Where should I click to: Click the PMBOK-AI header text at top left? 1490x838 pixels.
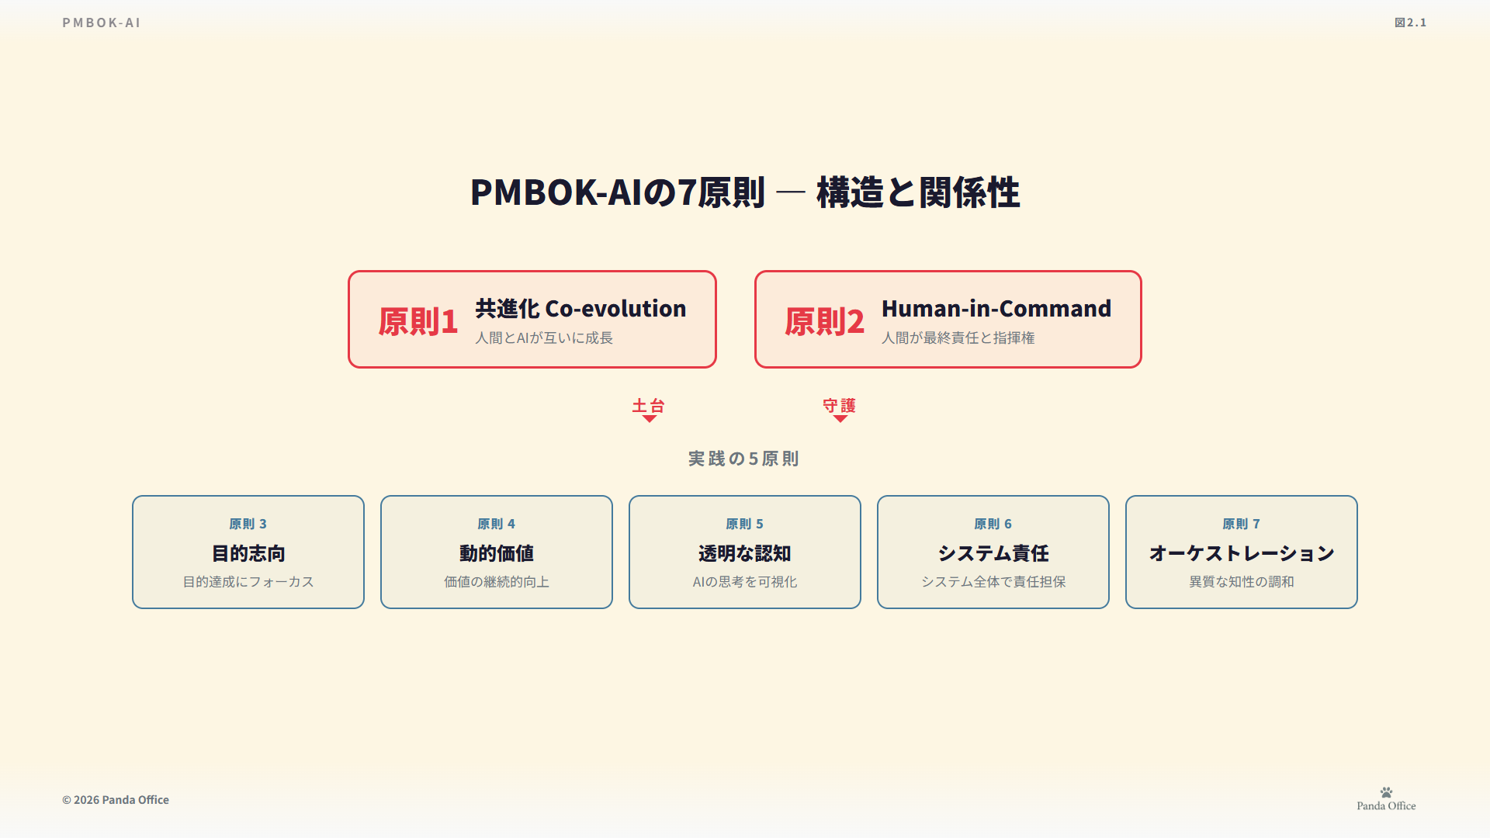102,23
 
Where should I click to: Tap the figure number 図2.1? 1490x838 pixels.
1410,23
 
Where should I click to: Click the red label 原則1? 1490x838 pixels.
418,321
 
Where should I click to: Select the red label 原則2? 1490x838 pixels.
824,321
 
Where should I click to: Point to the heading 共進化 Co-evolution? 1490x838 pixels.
580,308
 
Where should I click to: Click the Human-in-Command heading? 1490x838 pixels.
996,308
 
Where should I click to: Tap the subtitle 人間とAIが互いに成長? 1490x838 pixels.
544,338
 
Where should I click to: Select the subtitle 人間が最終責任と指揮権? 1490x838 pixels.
958,338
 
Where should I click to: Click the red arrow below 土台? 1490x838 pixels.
650,419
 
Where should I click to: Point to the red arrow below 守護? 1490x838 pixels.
840,419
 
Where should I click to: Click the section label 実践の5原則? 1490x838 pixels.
743,459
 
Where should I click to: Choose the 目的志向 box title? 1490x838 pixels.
248,553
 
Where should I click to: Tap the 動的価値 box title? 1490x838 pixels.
497,553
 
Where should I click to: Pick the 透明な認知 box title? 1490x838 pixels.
745,553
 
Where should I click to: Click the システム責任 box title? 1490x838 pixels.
993,553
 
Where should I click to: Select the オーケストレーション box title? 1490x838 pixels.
1242,553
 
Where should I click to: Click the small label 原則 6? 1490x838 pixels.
993,524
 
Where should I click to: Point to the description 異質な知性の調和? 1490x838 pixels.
1242,581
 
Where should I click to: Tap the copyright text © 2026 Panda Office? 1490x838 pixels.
116,800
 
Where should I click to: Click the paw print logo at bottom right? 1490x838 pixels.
1387,792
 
